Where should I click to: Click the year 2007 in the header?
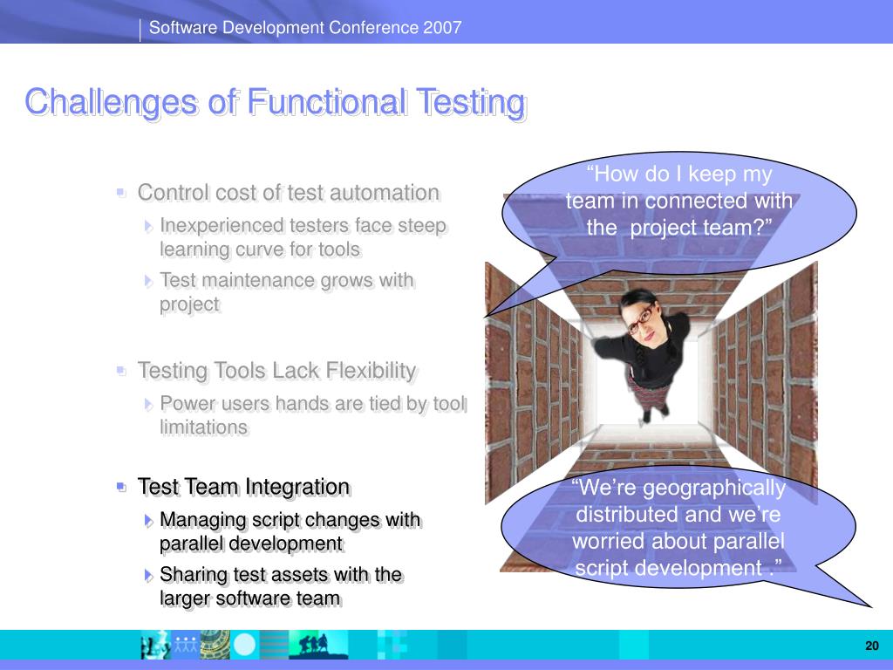pyautogui.click(x=442, y=27)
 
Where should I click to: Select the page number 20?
pyautogui.click(x=872, y=646)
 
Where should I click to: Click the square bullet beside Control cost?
pyautogui.click(x=120, y=193)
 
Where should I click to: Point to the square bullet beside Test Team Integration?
pyautogui.click(x=120, y=487)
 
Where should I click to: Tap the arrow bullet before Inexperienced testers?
pyautogui.click(x=148, y=226)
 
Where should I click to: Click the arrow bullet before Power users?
pyautogui.click(x=148, y=404)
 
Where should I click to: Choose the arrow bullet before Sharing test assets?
pyautogui.click(x=148, y=575)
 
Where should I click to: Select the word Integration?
pyautogui.click(x=298, y=487)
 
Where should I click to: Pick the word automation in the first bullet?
pyautogui.click(x=385, y=193)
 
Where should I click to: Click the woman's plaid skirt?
pyautogui.click(x=649, y=390)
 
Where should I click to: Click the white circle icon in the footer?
pyautogui.click(x=245, y=645)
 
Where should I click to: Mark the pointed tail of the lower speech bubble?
pyautogui.click(x=870, y=606)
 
